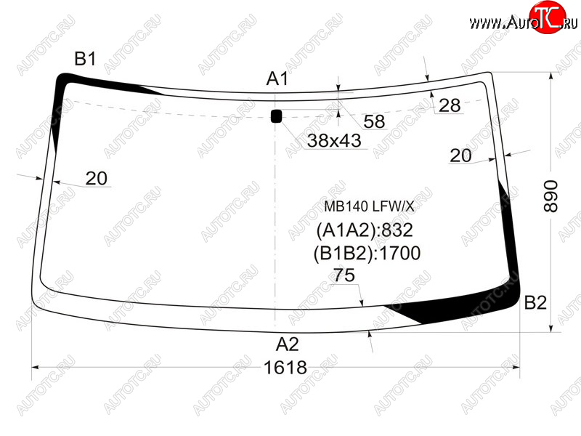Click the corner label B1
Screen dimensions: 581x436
[85, 59]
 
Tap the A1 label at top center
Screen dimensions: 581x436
[277, 78]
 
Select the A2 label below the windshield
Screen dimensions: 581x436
[287, 344]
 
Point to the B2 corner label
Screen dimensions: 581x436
[535, 303]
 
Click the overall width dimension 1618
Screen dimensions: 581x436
[285, 368]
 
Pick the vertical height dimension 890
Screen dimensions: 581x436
[550, 196]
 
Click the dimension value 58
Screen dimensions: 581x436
[374, 121]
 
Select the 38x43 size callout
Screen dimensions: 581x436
[334, 141]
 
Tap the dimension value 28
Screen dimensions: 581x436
[450, 105]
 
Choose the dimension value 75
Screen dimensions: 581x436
[344, 275]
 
